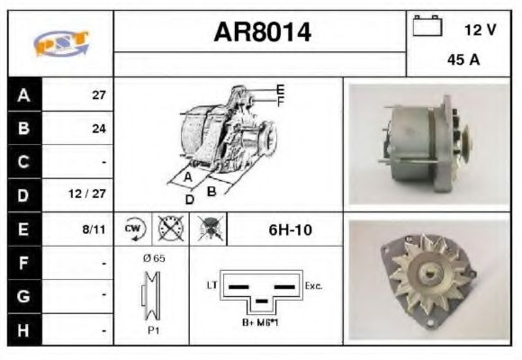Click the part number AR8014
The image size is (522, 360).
click(x=262, y=33)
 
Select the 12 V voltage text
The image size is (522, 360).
click(x=480, y=30)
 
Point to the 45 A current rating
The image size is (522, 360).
click(x=462, y=60)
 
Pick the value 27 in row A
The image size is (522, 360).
click(x=99, y=94)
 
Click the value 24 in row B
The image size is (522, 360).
click(x=99, y=129)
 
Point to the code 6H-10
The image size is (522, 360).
click(x=290, y=229)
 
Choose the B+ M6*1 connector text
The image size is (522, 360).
click(x=261, y=321)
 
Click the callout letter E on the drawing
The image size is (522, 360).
click(x=281, y=89)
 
